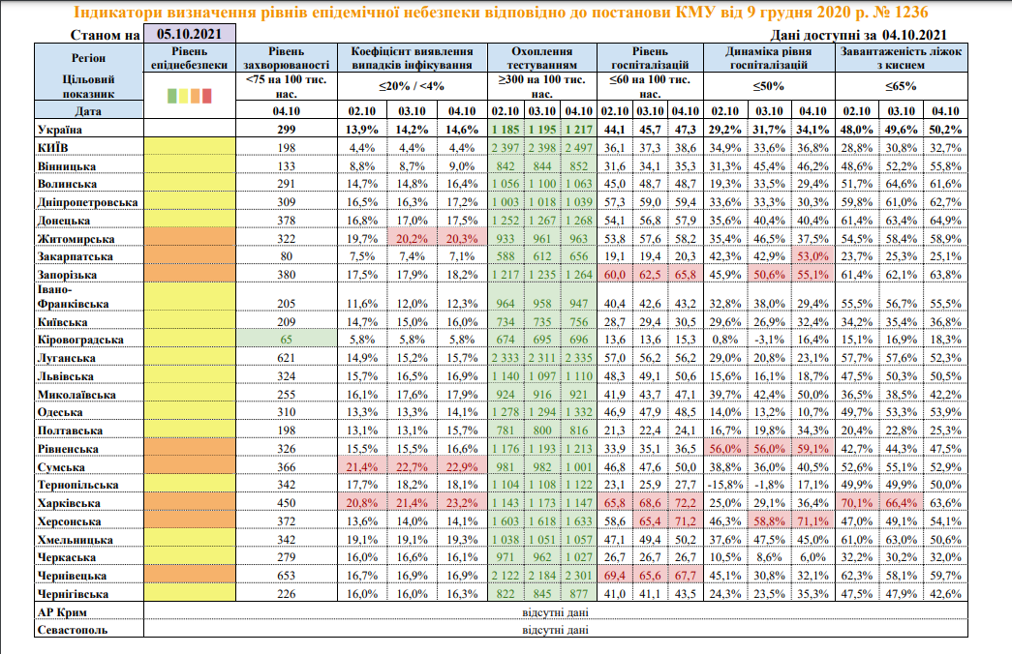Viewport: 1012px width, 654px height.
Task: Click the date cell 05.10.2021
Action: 189,34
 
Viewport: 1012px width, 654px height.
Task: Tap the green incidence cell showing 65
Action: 287,340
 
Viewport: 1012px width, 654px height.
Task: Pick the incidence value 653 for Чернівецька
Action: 287,576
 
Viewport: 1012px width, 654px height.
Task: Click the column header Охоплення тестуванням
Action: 542,58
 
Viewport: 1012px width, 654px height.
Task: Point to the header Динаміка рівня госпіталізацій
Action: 769,58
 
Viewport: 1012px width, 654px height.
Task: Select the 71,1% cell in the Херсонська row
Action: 813,521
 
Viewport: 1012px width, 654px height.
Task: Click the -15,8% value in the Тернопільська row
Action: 724,485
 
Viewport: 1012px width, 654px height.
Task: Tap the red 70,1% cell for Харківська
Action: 856,503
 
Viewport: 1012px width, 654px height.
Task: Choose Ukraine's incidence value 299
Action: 287,130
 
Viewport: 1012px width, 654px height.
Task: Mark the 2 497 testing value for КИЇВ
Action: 579,148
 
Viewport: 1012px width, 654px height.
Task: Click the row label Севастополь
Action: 73,630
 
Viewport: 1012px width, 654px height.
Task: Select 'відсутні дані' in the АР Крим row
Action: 555,612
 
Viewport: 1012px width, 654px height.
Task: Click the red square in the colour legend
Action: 207,96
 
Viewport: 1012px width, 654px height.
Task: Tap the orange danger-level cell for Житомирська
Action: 190,239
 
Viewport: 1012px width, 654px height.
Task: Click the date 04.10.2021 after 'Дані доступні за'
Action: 914,36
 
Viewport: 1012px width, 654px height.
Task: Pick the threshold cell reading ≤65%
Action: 901,86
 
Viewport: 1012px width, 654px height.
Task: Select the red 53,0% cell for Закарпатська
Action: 813,256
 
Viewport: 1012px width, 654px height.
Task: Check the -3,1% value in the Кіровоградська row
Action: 769,340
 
